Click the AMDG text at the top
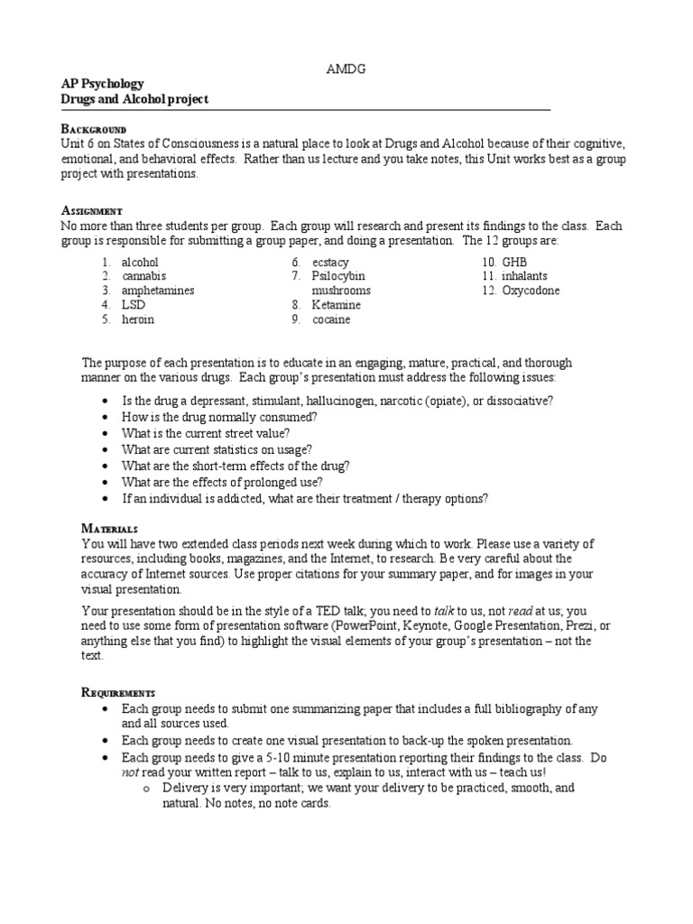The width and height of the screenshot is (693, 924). [346, 69]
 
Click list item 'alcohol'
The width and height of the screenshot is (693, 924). [140, 263]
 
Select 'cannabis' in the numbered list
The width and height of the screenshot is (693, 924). [143, 277]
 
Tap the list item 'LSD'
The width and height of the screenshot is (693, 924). [134, 306]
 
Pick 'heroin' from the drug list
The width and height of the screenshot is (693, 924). [138, 320]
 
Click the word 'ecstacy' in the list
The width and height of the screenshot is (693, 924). [330, 263]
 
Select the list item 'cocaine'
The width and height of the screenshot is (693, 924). [331, 320]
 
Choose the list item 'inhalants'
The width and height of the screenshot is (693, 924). [526, 277]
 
